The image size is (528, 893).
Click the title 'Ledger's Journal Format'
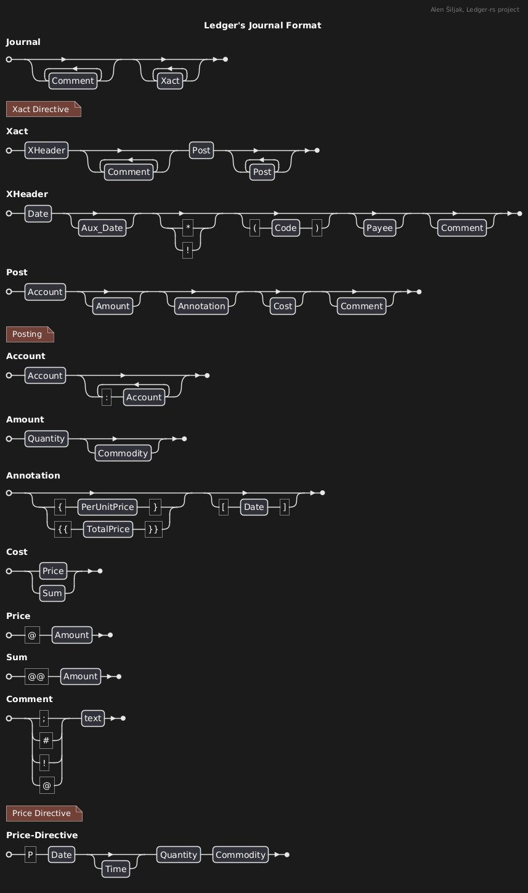(x=262, y=25)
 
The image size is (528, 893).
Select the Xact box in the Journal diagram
(x=170, y=81)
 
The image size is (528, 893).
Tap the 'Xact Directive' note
(x=43, y=109)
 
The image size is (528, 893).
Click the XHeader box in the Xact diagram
(x=46, y=150)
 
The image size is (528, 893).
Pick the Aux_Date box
(x=102, y=228)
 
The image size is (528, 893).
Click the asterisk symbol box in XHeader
(x=188, y=228)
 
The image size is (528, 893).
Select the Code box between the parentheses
(x=286, y=228)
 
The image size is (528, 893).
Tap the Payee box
(x=380, y=228)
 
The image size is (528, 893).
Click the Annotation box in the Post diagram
(x=201, y=306)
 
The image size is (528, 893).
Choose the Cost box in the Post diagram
(x=283, y=306)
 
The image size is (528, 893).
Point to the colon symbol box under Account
(x=107, y=397)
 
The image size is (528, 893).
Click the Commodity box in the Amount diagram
(x=123, y=453)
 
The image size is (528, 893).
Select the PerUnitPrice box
(x=107, y=507)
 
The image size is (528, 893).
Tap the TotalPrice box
(x=108, y=529)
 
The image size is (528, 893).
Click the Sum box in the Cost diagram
(x=52, y=593)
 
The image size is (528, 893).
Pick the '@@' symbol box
(x=37, y=676)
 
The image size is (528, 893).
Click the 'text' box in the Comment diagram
(x=93, y=718)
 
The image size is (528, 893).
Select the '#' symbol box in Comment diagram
(x=46, y=740)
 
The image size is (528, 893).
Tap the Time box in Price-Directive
(x=116, y=869)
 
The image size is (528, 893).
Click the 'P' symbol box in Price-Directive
(x=30, y=855)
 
